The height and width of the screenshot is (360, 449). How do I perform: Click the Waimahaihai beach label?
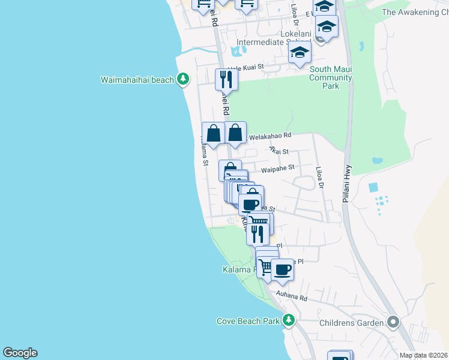coord(137,79)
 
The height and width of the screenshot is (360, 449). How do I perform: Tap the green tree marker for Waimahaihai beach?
coord(183,79)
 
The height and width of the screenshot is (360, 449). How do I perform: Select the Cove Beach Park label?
coord(248,321)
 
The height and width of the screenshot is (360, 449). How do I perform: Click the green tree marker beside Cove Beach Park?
coord(289,320)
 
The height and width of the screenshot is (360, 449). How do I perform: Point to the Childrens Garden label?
coord(352,323)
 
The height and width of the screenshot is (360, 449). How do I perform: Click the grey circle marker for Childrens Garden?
coord(393,323)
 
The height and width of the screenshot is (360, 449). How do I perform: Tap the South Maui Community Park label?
coord(331,77)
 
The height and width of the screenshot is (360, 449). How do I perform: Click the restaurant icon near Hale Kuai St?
coord(226,79)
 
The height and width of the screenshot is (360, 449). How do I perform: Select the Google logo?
coord(20,353)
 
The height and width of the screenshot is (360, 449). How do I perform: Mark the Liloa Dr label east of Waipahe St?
coord(320,178)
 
